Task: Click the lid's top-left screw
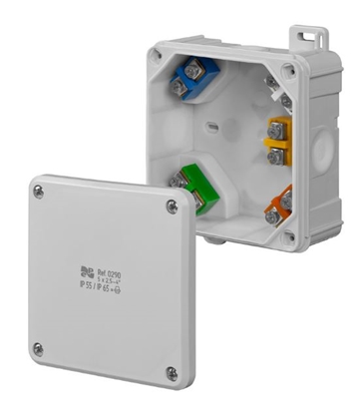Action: coord(38,191)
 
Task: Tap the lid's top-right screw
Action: coord(172,206)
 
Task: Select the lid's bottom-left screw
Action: coord(37,348)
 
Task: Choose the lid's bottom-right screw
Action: coord(172,373)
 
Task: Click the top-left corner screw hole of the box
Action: coord(157,56)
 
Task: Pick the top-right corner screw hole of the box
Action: coord(289,70)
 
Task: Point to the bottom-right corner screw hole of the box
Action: coord(289,236)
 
